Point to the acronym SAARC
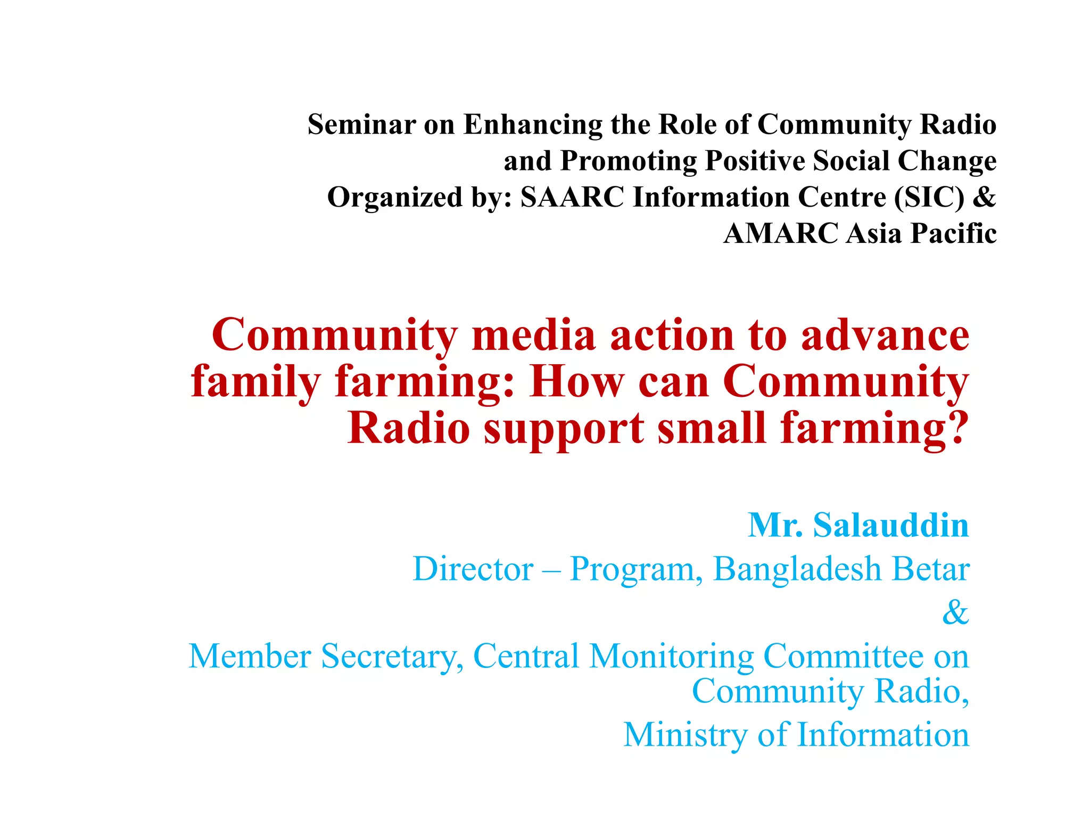(x=572, y=198)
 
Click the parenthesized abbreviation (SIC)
(x=929, y=198)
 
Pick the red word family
(x=256, y=382)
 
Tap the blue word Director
(x=473, y=569)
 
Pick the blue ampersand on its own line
(x=955, y=612)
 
